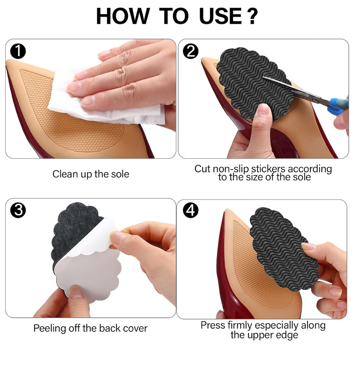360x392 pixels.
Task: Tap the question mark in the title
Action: (x=252, y=17)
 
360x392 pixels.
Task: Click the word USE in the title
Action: (x=220, y=17)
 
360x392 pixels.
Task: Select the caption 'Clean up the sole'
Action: (x=90, y=174)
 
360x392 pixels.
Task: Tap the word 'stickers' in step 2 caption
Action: (x=268, y=169)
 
